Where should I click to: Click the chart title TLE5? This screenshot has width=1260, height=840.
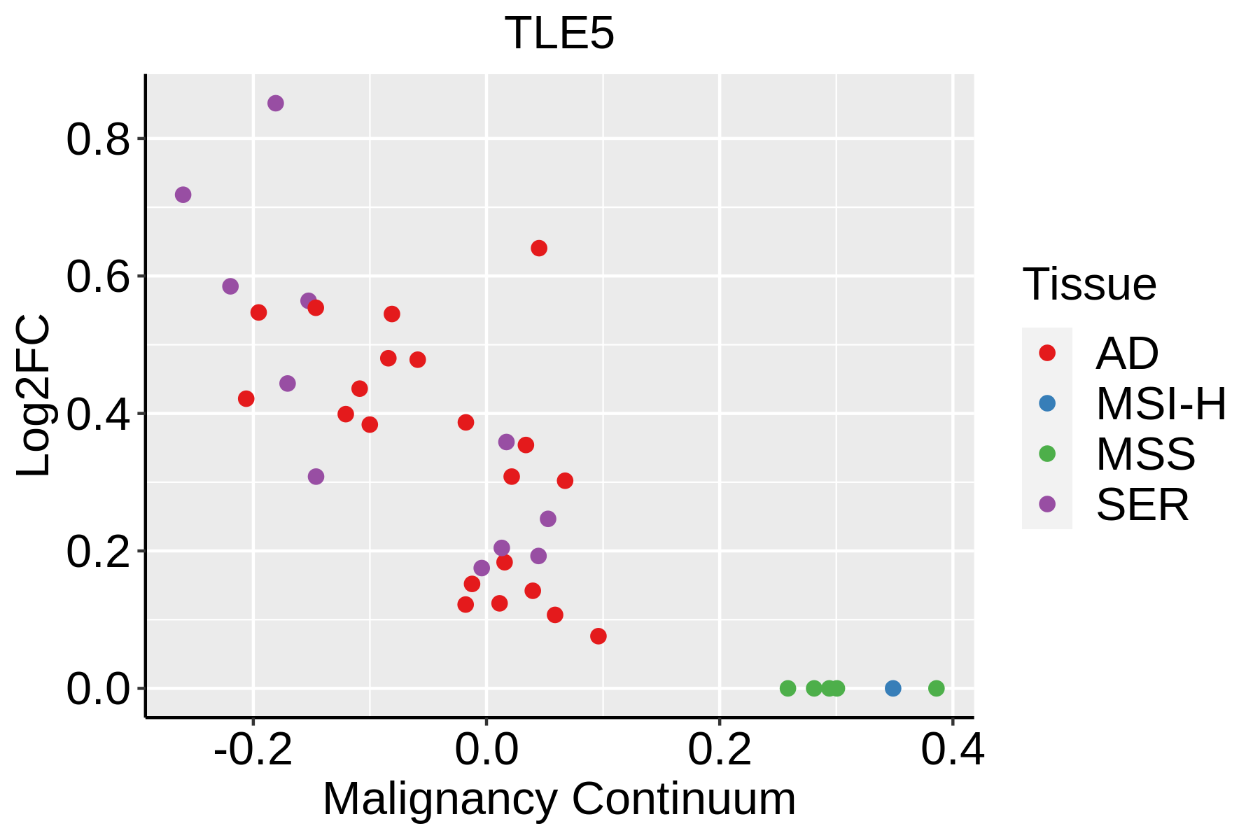(x=559, y=34)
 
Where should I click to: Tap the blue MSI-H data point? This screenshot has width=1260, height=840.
(x=892, y=688)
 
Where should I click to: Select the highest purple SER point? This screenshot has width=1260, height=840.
(x=276, y=104)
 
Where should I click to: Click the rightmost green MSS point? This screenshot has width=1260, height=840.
(x=936, y=688)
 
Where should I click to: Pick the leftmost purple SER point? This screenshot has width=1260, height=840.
(x=183, y=195)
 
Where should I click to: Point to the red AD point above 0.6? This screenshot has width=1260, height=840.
(x=539, y=248)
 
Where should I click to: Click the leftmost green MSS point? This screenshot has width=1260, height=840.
(x=787, y=688)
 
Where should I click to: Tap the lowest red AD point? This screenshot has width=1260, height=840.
(x=598, y=636)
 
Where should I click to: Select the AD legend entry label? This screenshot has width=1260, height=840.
(x=1127, y=353)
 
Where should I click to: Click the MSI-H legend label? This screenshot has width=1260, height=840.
(x=1161, y=404)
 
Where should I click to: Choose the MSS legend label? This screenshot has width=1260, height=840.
(x=1146, y=454)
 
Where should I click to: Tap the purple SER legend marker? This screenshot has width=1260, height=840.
(x=1047, y=504)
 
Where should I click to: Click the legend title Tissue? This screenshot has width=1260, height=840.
(x=1089, y=285)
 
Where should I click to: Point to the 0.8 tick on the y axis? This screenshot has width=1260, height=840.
(x=99, y=139)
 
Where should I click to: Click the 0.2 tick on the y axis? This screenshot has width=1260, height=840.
(x=99, y=552)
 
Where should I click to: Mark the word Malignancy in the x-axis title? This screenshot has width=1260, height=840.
(x=440, y=799)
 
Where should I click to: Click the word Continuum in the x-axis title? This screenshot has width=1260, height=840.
(x=684, y=799)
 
